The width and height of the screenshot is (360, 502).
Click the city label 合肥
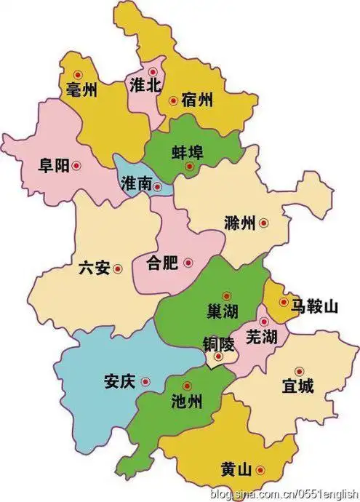[x=161, y=263]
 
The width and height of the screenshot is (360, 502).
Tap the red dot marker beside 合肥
[x=188, y=263]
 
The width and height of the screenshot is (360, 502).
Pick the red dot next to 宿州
[x=173, y=101]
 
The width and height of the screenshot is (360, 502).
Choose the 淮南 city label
[x=137, y=185]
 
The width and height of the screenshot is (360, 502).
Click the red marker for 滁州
[x=264, y=223]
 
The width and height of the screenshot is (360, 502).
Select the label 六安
[x=94, y=268]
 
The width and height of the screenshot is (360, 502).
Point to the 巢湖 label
[x=223, y=311]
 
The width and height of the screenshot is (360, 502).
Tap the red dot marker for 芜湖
[x=264, y=321]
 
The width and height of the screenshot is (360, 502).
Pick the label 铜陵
[x=219, y=343]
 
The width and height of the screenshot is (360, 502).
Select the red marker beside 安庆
[x=145, y=381]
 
